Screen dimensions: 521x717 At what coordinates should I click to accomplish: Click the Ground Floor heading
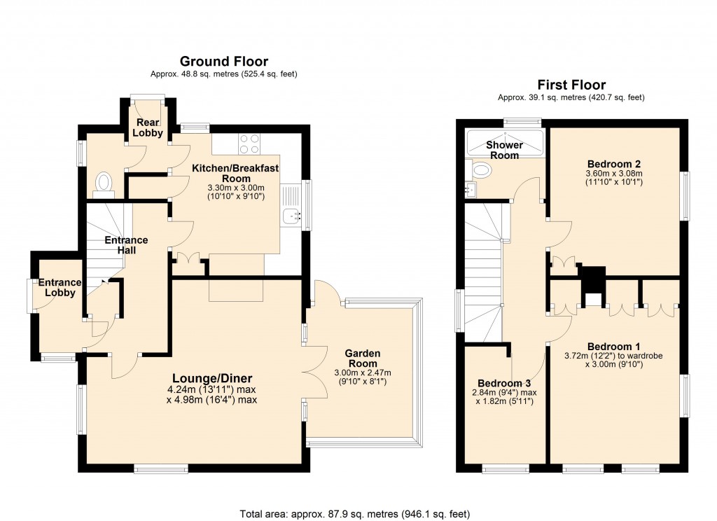point(223,62)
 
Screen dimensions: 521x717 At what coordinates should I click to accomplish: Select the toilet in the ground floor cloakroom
point(104,183)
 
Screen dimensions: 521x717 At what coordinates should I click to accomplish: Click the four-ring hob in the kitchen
point(249,144)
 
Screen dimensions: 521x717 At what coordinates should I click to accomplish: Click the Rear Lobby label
point(149,127)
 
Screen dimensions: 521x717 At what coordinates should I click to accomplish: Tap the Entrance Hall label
point(126,245)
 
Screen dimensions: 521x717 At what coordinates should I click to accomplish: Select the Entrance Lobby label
point(60,287)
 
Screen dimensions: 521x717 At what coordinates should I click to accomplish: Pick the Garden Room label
point(362,359)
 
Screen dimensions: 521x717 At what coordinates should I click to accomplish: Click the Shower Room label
point(505,150)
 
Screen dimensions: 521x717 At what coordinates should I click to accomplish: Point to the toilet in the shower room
point(482,169)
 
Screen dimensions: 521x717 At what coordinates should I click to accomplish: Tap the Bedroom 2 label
point(614,162)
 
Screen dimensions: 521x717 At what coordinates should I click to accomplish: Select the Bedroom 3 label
point(504,383)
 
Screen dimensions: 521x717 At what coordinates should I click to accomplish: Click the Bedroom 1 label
point(613,346)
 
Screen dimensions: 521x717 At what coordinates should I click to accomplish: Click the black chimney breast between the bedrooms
point(594,279)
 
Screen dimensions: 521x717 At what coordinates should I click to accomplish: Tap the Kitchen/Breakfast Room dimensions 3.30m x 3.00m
point(236,188)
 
